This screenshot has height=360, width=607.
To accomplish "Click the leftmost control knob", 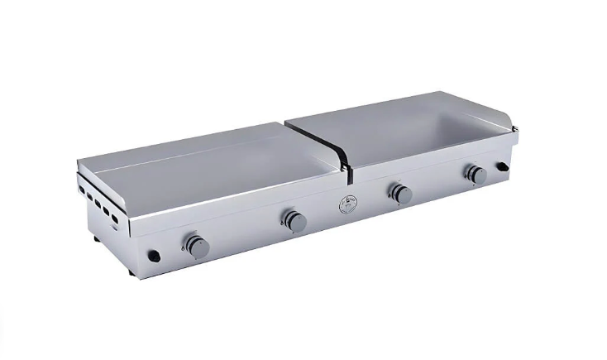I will [x=196, y=246].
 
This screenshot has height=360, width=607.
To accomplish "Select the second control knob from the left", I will [x=295, y=221].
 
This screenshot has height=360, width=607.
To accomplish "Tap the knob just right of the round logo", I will [x=401, y=194].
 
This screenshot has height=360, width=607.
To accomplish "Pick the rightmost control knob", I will [x=476, y=175].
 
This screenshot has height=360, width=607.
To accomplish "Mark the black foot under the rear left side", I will [x=97, y=240].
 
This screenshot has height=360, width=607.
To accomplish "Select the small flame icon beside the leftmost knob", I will [x=182, y=247].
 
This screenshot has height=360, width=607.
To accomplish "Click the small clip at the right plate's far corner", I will [x=514, y=127].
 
